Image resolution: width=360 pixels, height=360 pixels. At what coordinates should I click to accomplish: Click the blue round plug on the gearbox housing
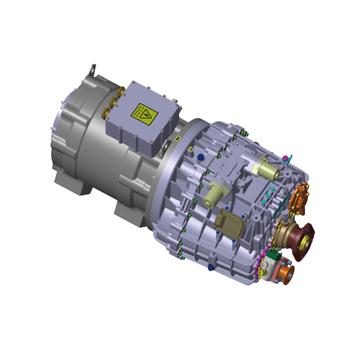pyautogui.click(x=199, y=158)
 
